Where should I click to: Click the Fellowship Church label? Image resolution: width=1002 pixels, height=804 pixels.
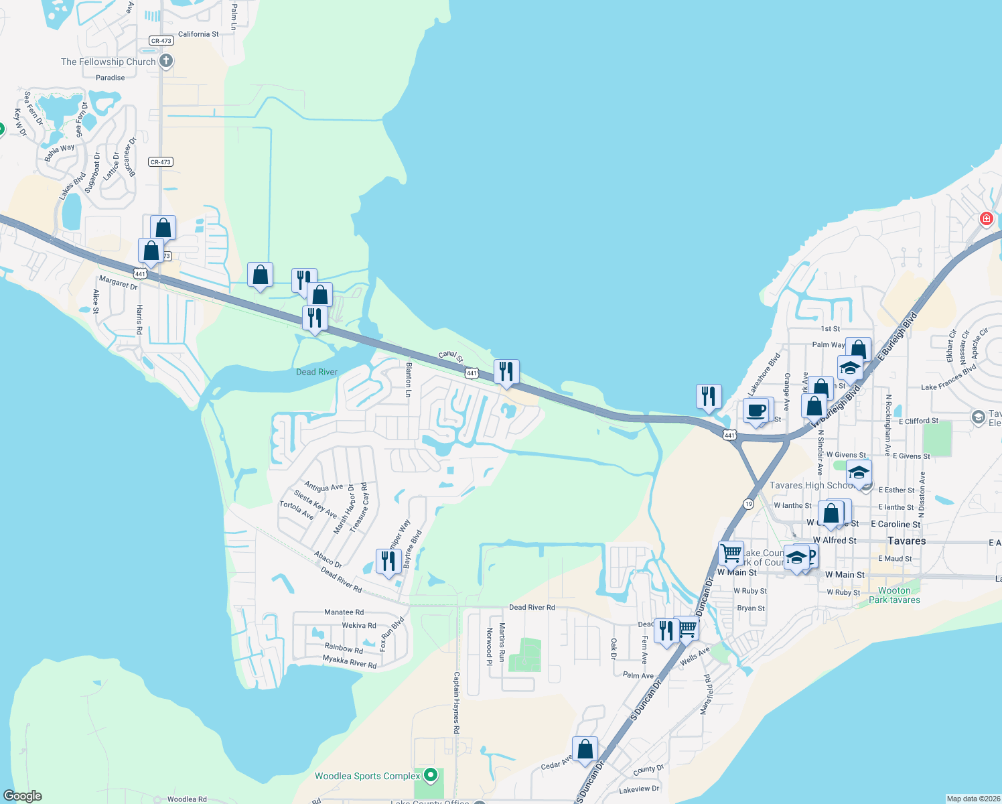click(108, 62)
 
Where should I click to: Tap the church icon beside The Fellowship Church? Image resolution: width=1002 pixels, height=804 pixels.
click(166, 62)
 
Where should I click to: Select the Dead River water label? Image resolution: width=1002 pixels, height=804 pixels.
click(317, 372)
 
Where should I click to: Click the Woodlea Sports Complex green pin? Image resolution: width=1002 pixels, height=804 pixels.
click(431, 776)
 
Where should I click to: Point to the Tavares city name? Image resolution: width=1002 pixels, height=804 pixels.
click(906, 541)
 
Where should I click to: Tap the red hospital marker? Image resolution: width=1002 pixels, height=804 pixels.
click(986, 218)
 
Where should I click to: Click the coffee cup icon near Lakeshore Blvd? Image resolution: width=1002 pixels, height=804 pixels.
click(756, 410)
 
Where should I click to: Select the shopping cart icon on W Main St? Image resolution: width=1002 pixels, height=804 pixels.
click(731, 553)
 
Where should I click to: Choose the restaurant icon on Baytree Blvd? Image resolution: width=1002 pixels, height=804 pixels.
click(388, 560)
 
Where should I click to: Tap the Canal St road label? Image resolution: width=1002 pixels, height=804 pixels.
click(451, 355)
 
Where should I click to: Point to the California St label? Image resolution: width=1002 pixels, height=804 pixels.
click(198, 34)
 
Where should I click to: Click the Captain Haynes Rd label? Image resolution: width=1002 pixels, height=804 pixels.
click(457, 702)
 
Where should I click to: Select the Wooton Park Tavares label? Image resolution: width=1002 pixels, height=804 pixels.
click(894, 595)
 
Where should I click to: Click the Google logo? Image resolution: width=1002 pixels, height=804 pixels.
click(23, 795)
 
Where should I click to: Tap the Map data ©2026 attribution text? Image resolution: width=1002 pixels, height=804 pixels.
click(972, 799)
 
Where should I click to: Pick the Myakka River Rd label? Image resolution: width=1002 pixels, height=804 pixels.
click(350, 662)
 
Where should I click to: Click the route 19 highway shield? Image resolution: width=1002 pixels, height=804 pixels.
click(748, 503)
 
